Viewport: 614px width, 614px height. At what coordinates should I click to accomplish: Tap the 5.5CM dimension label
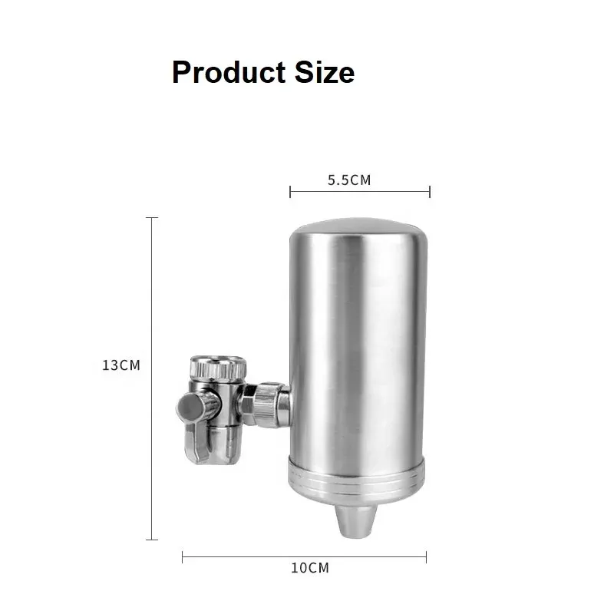click(349, 181)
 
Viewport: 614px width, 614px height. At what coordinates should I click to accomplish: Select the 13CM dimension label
click(121, 365)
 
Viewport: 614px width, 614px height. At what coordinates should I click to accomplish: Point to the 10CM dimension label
click(309, 568)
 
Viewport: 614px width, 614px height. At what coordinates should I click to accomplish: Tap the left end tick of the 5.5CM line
click(290, 192)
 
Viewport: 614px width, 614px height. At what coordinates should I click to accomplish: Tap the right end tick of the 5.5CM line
click(430, 192)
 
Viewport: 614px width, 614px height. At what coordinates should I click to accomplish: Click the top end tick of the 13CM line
click(152, 218)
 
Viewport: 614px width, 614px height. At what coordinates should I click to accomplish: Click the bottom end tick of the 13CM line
click(152, 540)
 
